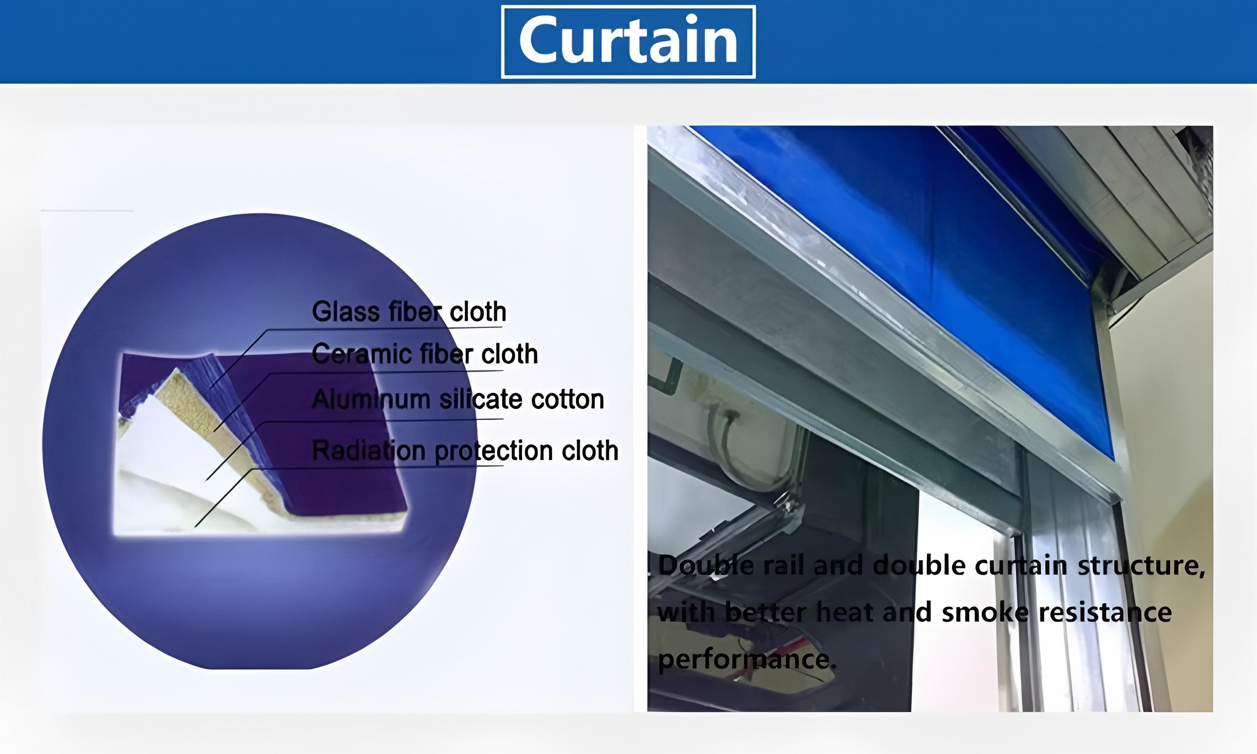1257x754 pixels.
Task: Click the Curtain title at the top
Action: point(628,40)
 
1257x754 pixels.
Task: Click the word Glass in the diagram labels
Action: point(346,312)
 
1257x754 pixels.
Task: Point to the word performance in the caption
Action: point(747,659)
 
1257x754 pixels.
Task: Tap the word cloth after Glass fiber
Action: point(478,312)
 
